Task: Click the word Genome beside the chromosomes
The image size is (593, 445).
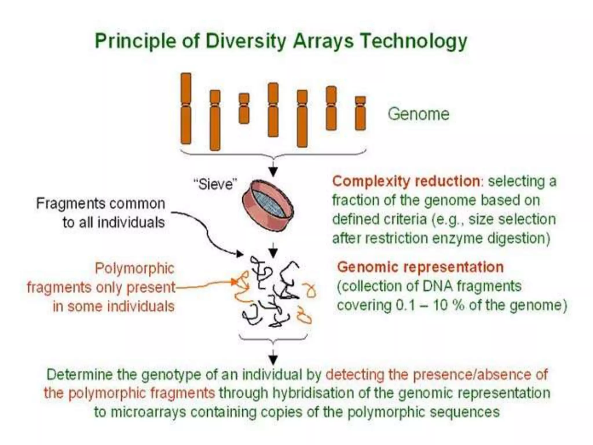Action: tap(418, 114)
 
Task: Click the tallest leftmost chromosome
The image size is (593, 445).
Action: tap(186, 108)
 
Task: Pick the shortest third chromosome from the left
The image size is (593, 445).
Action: tap(244, 108)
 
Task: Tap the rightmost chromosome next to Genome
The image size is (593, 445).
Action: tap(360, 113)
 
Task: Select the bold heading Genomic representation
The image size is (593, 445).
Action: tap(420, 267)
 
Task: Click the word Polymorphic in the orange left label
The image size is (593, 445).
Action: tap(135, 268)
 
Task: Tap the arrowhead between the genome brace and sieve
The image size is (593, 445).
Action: tap(273, 172)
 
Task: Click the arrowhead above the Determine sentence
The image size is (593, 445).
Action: tap(273, 360)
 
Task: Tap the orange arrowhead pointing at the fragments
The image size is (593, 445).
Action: tap(235, 281)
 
